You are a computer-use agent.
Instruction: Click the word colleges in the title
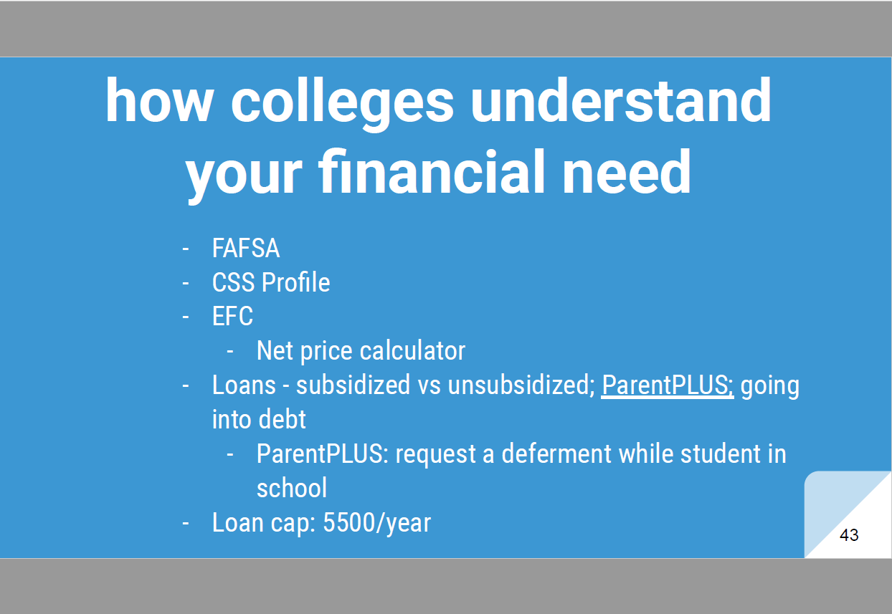click(343, 103)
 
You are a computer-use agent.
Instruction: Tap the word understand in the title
click(621, 100)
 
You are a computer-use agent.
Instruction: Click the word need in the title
click(627, 171)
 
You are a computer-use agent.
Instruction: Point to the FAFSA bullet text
click(246, 248)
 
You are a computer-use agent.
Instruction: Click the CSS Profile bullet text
click(271, 282)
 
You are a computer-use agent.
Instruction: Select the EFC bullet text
click(232, 317)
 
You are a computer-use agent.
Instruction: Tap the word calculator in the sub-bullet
click(412, 350)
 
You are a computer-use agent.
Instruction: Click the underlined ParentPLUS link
click(668, 385)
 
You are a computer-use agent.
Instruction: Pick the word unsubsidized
click(521, 385)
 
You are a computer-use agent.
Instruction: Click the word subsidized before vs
click(353, 385)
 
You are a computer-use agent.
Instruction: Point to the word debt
click(282, 419)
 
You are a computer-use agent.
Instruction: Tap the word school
click(292, 488)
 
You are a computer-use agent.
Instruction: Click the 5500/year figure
click(376, 522)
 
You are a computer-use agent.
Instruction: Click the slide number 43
click(849, 534)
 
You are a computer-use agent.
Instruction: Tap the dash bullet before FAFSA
click(185, 249)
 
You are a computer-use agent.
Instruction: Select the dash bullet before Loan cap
click(185, 524)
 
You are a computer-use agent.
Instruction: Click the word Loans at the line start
click(244, 385)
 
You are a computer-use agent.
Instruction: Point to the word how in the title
click(159, 100)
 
